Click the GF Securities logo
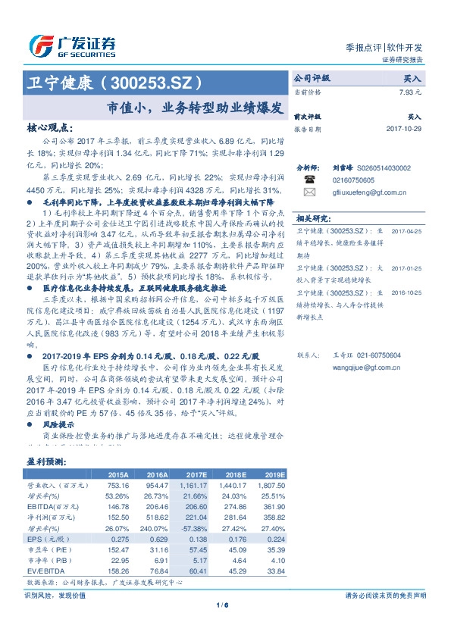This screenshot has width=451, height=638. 71,46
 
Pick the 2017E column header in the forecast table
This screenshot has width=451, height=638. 196,474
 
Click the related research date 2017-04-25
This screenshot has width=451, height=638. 405,231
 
